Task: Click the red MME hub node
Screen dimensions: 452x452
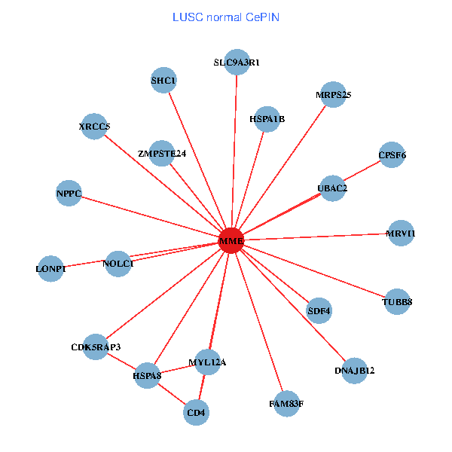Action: point(231,240)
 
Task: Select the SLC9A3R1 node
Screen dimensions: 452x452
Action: point(237,63)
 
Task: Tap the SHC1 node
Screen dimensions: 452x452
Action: point(163,81)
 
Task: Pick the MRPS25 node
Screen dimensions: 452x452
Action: point(333,95)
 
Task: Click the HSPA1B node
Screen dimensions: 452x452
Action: point(267,119)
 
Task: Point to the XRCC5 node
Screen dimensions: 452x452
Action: point(94,127)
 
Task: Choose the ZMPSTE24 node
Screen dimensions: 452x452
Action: point(162,154)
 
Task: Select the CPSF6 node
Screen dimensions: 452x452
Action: point(392,155)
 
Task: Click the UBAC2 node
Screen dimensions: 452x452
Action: point(333,188)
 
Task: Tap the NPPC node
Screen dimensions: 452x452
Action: point(69,193)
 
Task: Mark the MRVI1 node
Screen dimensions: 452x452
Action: point(401,233)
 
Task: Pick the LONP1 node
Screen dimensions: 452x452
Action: point(51,268)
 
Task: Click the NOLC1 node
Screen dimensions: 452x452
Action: point(118,264)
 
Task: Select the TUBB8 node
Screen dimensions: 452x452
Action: point(398,302)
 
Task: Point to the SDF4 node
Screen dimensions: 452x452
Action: point(319,310)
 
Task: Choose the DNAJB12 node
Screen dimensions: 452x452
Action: point(355,371)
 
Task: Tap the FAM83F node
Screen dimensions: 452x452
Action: point(286,404)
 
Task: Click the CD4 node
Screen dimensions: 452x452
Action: point(197,412)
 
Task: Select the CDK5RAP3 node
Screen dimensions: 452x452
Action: point(96,347)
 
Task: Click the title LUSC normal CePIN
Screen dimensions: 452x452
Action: point(226,17)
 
